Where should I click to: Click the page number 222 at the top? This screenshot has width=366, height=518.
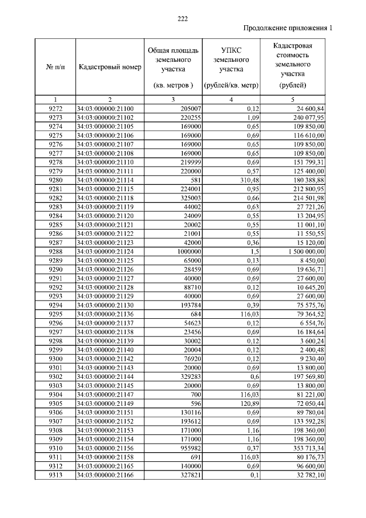click(183, 19)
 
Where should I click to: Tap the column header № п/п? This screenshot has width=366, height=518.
click(55, 67)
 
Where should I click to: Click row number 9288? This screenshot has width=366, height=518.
click(55, 251)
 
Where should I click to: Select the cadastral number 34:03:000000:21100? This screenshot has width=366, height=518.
click(105, 108)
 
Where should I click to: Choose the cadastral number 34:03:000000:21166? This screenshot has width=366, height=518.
click(105, 474)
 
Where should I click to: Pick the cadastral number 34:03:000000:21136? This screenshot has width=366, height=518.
click(105, 314)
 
